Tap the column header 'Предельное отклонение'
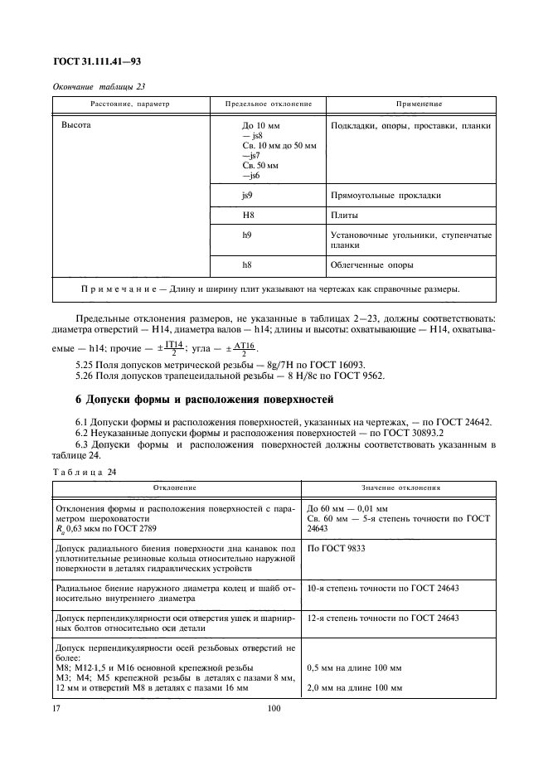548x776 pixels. (269, 104)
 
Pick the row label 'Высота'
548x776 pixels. (76, 126)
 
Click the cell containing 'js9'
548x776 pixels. (247, 196)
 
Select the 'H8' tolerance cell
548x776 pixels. (247, 216)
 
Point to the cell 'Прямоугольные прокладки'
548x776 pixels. (385, 196)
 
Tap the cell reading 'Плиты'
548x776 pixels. (344, 216)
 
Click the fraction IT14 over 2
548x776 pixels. (173, 348)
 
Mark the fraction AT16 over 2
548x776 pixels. (242, 348)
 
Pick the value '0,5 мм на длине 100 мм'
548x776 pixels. (354, 667)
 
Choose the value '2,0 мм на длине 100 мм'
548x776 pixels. (354, 688)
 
